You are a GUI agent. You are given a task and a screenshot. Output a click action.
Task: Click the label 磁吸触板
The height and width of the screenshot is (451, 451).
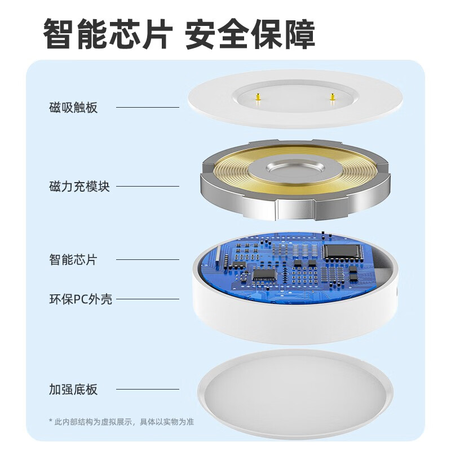[x=73, y=108]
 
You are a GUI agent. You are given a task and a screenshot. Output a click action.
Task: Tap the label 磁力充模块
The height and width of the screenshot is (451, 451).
[x=79, y=187]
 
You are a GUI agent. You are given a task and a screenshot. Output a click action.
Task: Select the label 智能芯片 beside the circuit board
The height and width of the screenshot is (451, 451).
[x=73, y=260]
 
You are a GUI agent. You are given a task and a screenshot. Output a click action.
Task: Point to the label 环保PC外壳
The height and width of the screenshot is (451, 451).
[x=81, y=299]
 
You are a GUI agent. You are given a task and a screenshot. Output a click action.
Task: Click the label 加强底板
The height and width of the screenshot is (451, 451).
[x=73, y=390]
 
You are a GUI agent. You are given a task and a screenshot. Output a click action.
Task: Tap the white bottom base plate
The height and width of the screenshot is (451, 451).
[x=295, y=389]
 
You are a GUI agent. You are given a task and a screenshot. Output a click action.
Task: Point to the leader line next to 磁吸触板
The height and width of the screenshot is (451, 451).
[x=148, y=107]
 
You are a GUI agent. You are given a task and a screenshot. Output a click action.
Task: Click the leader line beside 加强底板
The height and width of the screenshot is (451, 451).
[x=148, y=389]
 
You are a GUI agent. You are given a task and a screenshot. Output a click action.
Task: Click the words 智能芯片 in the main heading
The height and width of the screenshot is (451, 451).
[x=107, y=35]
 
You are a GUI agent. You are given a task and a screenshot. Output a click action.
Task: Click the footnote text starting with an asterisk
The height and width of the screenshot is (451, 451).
[x=122, y=422]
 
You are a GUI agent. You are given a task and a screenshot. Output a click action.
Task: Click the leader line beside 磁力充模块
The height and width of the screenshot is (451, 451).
[x=148, y=187]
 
